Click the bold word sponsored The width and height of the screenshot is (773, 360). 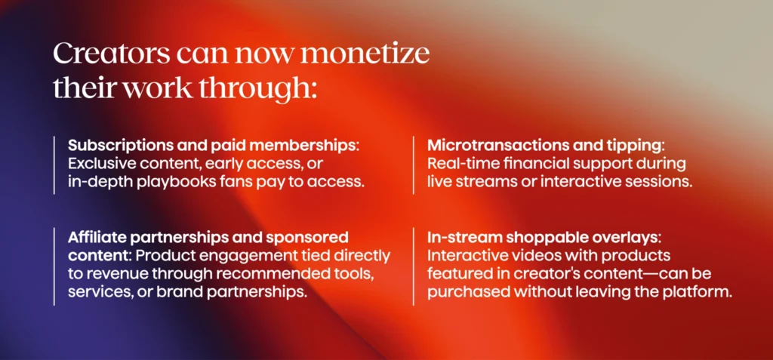point(305,238)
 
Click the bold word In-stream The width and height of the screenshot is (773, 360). point(462,238)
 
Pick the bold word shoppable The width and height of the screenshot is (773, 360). point(535,238)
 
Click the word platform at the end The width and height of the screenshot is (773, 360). point(703,292)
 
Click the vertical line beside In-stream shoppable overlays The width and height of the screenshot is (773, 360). point(414,265)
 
